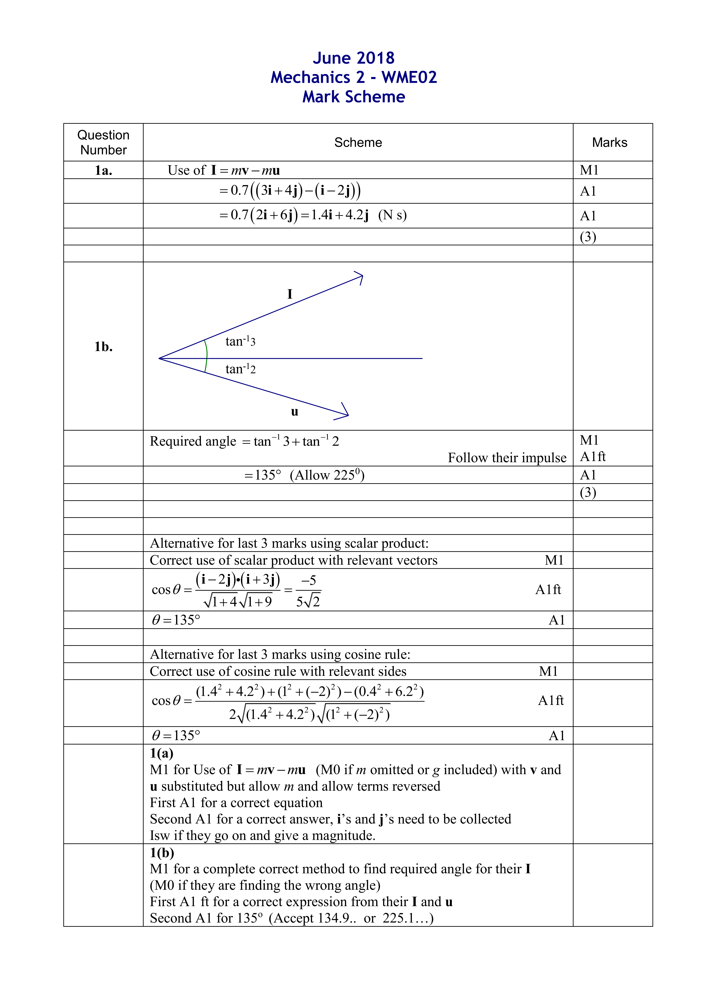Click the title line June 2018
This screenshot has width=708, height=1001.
354,58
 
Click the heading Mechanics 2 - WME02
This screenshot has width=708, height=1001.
354,78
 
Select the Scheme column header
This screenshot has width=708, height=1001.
358,143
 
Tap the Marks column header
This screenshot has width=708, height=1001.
609,143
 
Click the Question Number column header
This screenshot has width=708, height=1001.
103,143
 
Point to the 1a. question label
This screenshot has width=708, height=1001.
103,170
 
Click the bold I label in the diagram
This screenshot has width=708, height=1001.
290,294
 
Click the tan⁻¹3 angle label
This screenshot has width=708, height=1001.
240,341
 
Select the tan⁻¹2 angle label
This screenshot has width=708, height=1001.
240,369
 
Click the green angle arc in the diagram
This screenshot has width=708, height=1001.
206,357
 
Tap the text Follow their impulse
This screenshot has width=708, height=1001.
507,458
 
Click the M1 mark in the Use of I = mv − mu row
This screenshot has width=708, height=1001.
589,170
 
